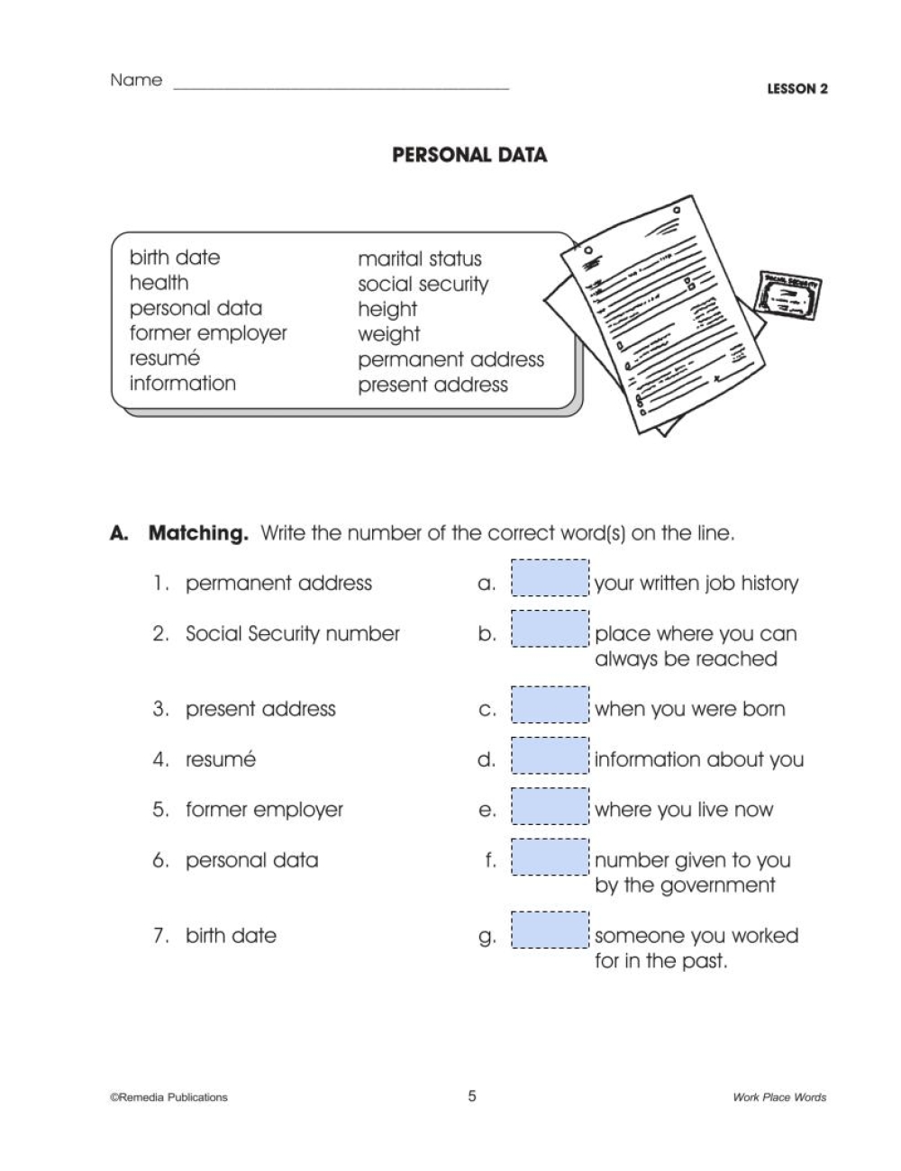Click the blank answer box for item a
pos(550,578)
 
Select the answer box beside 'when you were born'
pos(550,704)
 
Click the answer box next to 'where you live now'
pos(550,805)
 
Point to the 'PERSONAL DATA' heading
pos(469,155)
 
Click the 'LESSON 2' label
pos(796,89)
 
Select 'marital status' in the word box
pos(419,259)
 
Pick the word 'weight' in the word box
pos(388,334)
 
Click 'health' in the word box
pos(159,283)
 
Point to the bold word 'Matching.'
pos(197,533)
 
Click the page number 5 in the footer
pos(471,1096)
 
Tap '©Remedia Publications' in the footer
pos(168,1097)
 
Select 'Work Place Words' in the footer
pos(778,1097)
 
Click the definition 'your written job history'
pos(696,584)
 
